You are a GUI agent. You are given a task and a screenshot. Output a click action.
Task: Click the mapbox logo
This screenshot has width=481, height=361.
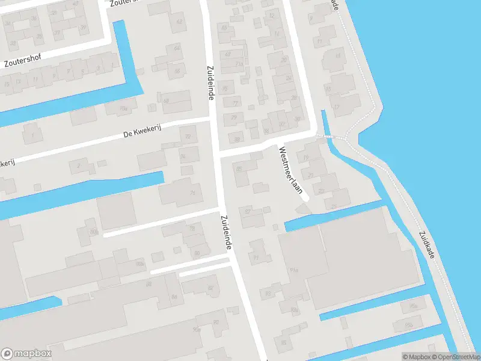pyautogui.click(x=26, y=354)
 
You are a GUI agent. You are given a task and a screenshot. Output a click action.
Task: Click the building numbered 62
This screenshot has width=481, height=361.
pyautogui.click(x=179, y=22)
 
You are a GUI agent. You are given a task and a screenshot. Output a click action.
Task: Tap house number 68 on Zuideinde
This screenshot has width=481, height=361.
pyautogui.click(x=167, y=100)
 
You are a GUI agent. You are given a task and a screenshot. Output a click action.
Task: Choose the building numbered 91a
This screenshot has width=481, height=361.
pyautogui.click(x=295, y=270)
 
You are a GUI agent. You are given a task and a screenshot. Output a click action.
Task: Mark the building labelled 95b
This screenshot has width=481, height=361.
pyautogui.click(x=409, y=326)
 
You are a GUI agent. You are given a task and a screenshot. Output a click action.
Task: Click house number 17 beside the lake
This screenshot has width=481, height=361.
pyautogui.click(x=337, y=107)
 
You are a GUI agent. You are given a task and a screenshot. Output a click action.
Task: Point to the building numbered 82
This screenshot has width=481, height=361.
pyautogui.click(x=210, y=288)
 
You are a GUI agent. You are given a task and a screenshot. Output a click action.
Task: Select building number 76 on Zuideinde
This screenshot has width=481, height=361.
pyautogui.click(x=182, y=157)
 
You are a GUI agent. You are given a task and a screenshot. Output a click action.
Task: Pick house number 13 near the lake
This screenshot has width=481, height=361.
pyautogui.click(x=306, y=158)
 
